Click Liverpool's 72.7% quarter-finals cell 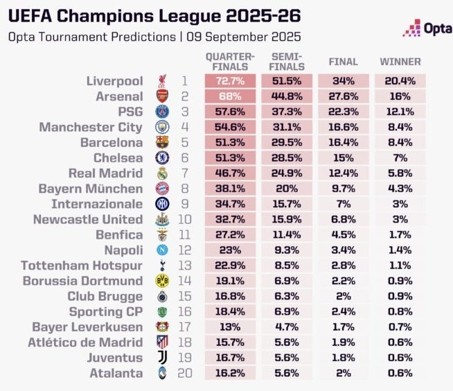click(x=230, y=82)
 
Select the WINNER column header click(x=400, y=62)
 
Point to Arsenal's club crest click(x=160, y=97)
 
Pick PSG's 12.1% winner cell click(x=400, y=112)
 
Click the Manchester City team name click(x=91, y=128)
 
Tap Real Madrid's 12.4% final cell click(x=343, y=173)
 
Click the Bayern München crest click(x=160, y=189)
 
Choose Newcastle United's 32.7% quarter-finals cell click(x=230, y=219)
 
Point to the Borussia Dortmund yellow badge click(x=160, y=281)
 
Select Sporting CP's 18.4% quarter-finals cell click(x=230, y=311)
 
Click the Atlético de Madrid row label click(x=85, y=342)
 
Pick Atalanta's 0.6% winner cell click(x=400, y=372)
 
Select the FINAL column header click(x=343, y=62)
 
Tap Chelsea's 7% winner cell click(x=400, y=158)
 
